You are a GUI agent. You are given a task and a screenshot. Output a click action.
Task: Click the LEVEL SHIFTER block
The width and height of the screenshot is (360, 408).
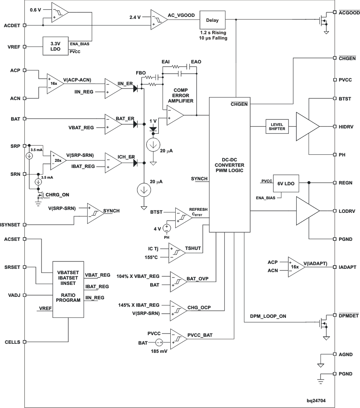point(277,126)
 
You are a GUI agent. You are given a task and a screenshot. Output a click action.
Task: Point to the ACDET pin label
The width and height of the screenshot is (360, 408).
point(12,25)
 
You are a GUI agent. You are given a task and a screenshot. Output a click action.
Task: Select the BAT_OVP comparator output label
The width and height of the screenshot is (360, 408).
point(197,279)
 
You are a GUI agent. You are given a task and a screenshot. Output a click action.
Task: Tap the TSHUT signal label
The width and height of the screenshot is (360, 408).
point(193,249)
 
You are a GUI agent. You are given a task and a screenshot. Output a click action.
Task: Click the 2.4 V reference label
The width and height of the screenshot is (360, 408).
point(135,17)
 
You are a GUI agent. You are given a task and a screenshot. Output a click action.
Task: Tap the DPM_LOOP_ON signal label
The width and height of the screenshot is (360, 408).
point(269,316)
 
